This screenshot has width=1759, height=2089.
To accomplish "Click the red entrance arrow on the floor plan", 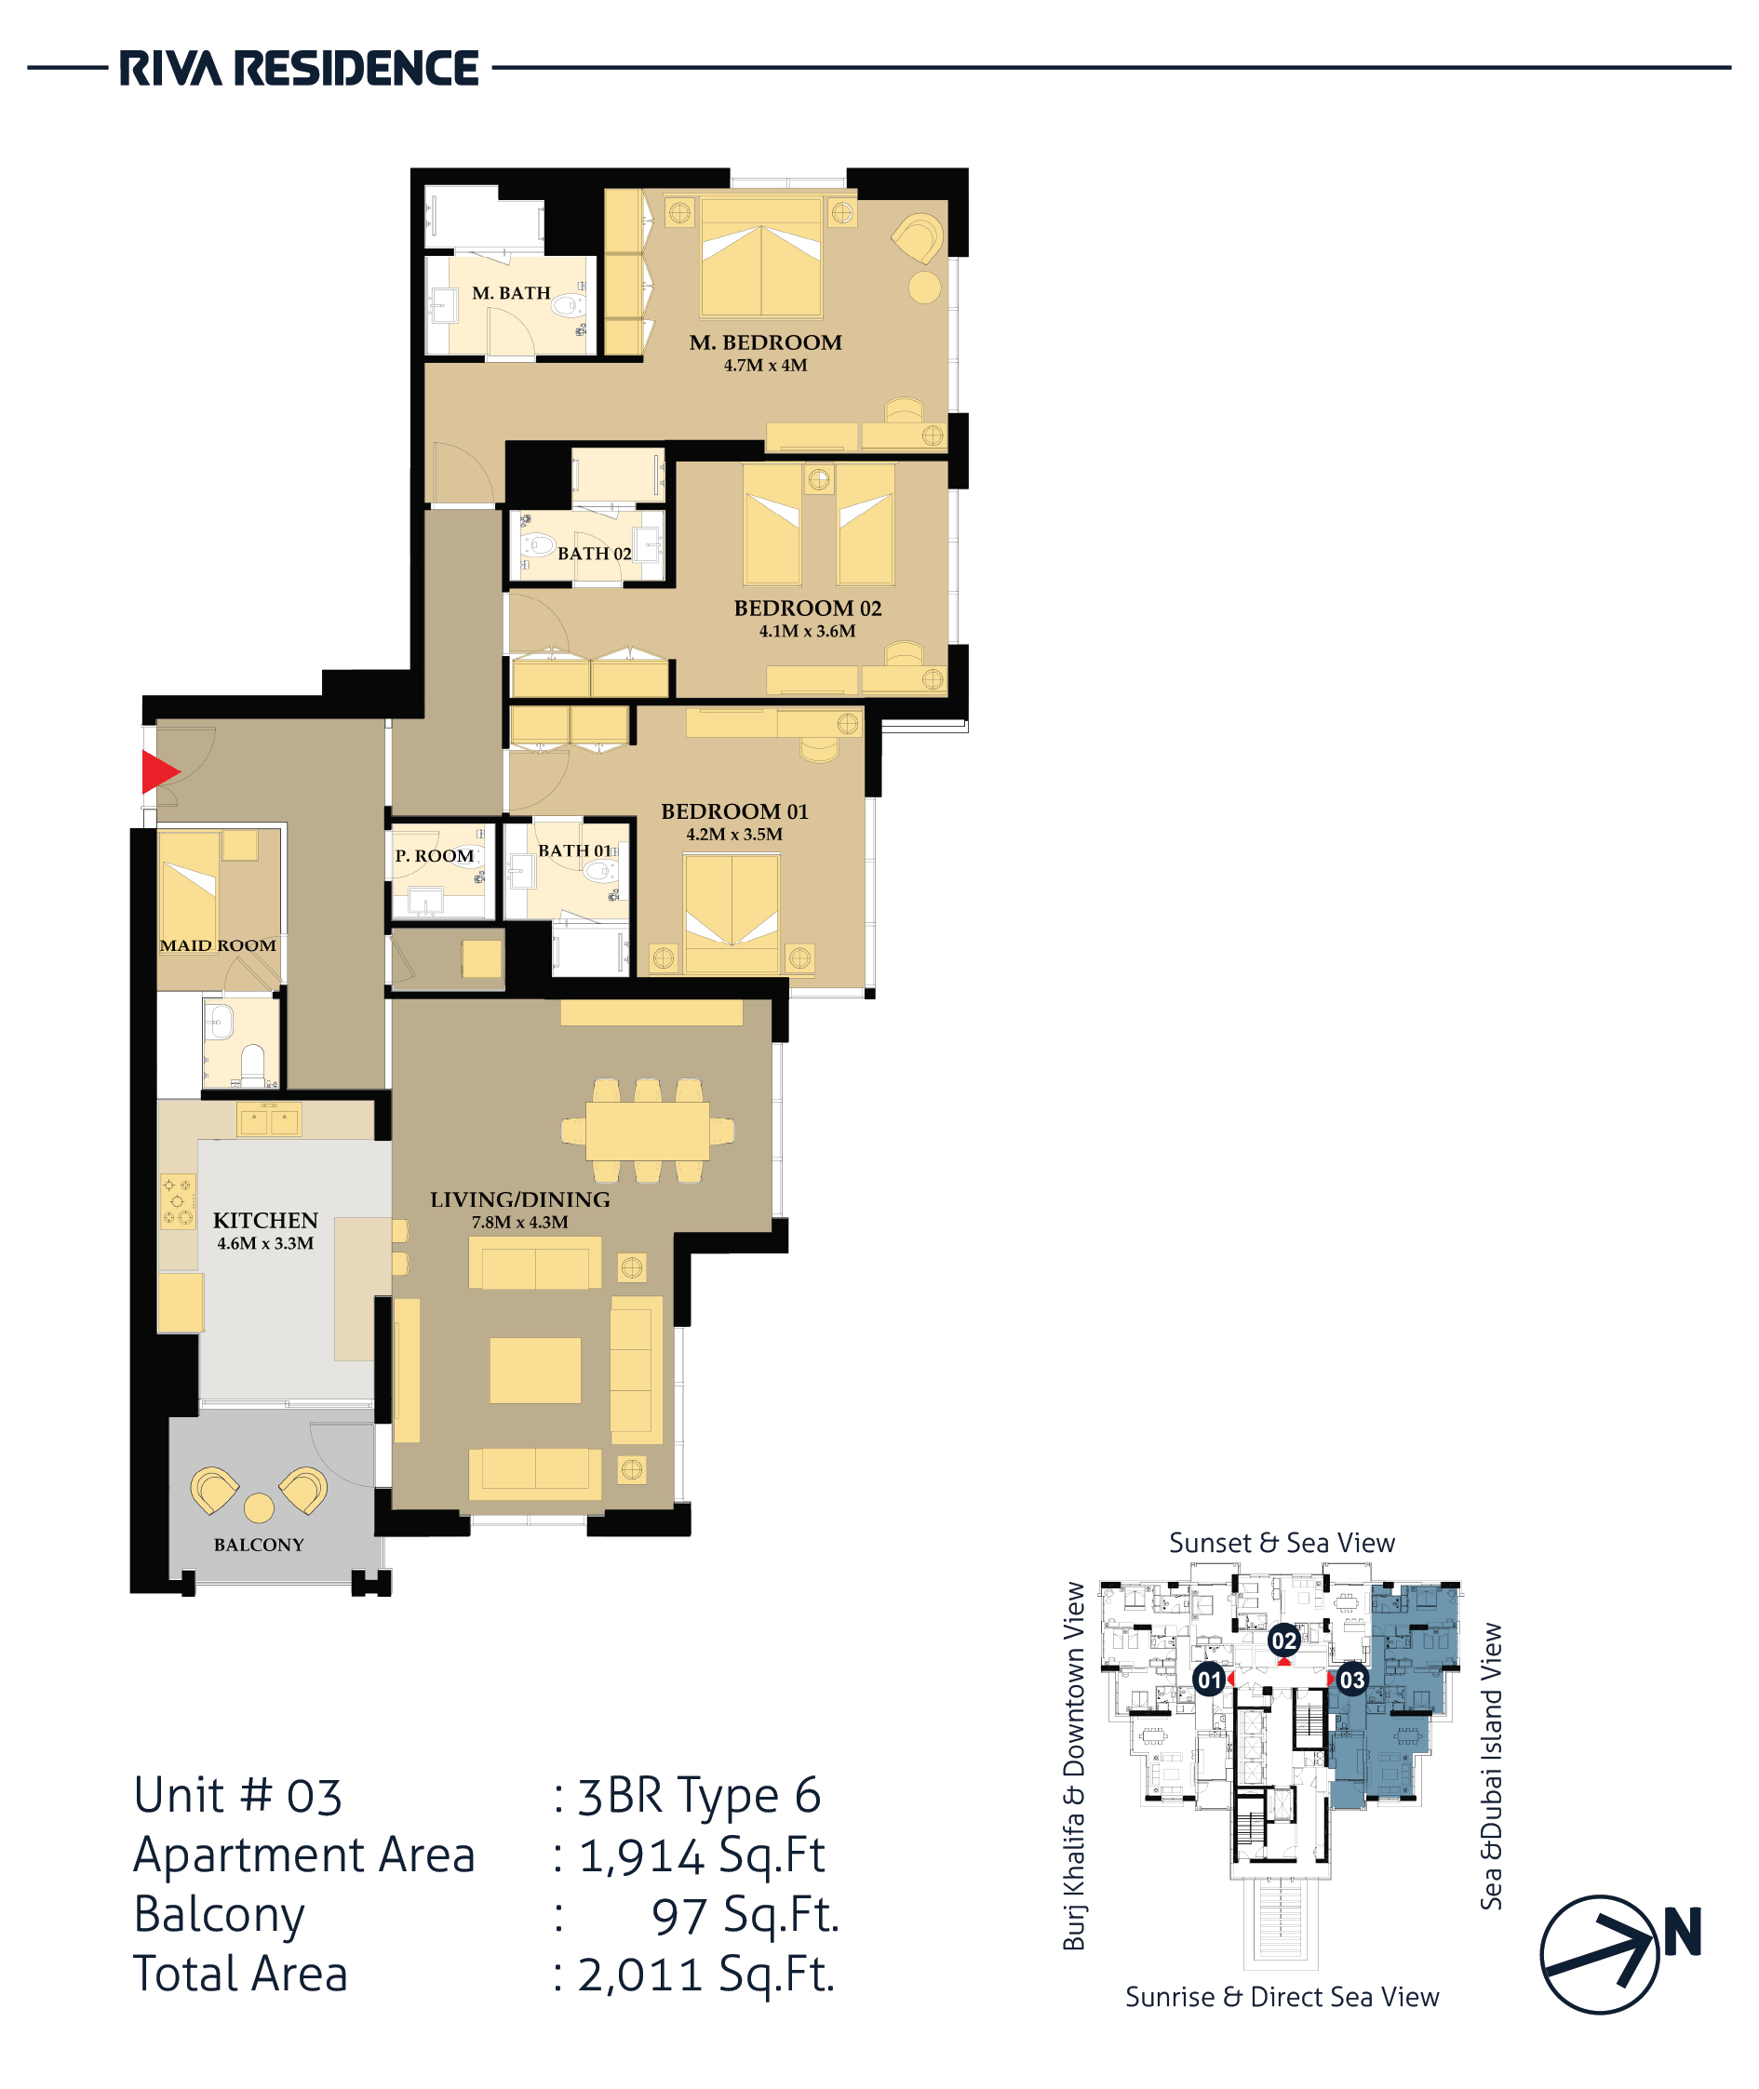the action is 159,770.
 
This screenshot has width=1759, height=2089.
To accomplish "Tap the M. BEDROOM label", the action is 766,342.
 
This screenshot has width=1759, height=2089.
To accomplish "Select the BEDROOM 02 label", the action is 808,609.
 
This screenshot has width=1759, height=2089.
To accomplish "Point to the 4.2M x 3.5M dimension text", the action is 734,835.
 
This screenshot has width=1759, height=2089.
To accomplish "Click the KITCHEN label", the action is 265,1221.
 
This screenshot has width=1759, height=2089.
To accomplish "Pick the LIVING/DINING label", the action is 520,1199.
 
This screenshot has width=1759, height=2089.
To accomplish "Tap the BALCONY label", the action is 259,1545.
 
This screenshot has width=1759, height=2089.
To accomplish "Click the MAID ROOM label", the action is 218,945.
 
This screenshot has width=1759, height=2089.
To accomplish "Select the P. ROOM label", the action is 435,855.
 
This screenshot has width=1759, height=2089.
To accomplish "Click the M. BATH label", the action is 512,293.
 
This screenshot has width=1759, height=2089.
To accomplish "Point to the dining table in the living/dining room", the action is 648,1131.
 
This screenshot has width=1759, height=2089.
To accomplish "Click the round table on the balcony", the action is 260,1507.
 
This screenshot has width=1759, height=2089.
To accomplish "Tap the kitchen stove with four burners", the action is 179,1201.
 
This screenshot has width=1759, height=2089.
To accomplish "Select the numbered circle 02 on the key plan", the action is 1283,1640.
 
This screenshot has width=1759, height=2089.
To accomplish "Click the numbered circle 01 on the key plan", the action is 1210,1680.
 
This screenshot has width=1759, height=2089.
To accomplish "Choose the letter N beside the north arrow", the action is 1683,1933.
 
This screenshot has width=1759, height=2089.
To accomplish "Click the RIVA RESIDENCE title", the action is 299,69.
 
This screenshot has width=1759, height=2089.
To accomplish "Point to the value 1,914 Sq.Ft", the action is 702,1855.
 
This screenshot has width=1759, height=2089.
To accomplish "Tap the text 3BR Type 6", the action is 700,1795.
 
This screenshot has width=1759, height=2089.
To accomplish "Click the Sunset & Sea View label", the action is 1282,1543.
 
